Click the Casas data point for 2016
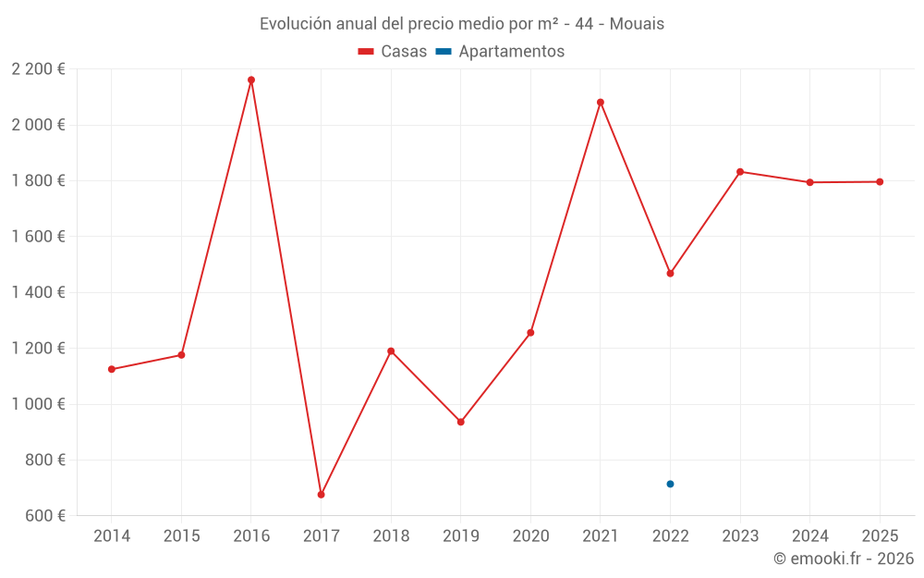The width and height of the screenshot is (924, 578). (251, 80)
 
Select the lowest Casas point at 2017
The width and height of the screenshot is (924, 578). (321, 495)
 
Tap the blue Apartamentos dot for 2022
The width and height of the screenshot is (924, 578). (670, 484)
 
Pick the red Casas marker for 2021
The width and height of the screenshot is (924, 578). (601, 103)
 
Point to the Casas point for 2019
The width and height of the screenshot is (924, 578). (461, 422)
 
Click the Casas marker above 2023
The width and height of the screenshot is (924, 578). (740, 172)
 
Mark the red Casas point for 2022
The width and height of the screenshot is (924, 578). (670, 274)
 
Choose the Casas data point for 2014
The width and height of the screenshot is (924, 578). (112, 369)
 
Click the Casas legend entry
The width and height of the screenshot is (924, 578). (394, 52)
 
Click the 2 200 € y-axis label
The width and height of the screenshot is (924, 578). (38, 69)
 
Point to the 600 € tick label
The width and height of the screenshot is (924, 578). (43, 516)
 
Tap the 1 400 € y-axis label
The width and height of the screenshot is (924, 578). (38, 292)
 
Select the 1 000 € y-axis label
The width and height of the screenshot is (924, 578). (38, 404)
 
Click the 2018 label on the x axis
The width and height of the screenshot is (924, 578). (391, 536)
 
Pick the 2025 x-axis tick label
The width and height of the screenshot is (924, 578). (880, 536)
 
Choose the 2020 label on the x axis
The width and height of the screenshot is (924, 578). (530, 536)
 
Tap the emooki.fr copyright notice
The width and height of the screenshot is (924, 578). (843, 559)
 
